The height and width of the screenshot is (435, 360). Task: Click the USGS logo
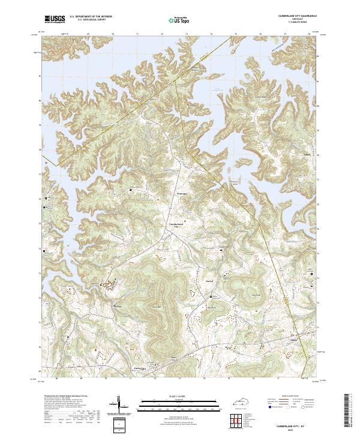pyautogui.click(x=55, y=19)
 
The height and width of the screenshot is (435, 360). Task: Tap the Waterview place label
pyautogui.click(x=182, y=194)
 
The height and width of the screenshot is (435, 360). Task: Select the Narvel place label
pyautogui.click(x=210, y=280)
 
